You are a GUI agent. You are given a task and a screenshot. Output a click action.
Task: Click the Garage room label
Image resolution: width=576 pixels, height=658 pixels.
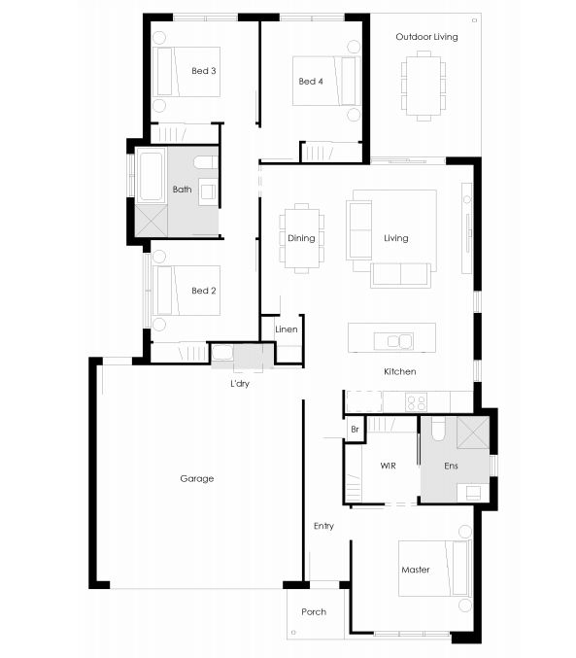(197, 478)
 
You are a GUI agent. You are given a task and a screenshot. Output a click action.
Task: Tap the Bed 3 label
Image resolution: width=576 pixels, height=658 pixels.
(203, 71)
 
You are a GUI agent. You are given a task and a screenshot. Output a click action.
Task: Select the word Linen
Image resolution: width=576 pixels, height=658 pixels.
(287, 329)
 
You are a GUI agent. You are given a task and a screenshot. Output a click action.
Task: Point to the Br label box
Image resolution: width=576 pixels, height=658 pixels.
(355, 429)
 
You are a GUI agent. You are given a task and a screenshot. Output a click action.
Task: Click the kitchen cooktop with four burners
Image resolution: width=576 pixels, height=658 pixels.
(416, 402)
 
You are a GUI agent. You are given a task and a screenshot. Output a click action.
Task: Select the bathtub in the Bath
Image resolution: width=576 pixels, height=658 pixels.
(151, 176)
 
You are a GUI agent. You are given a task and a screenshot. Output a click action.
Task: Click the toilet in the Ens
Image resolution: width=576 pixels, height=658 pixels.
(438, 429)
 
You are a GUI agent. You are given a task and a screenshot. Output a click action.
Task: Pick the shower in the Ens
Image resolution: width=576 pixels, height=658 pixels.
(473, 433)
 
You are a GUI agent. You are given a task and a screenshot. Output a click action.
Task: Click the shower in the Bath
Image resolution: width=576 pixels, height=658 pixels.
(151, 221)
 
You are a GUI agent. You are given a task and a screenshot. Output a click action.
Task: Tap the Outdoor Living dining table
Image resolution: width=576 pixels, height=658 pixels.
(424, 86)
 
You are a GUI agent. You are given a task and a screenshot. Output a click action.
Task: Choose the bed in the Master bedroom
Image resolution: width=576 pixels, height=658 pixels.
(434, 569)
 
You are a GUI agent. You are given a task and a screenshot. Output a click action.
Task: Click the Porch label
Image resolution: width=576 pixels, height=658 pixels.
(314, 612)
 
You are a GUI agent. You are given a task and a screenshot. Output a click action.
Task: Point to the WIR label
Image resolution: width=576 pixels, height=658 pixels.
(388, 466)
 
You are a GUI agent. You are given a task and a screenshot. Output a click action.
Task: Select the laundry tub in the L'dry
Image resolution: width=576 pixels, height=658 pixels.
(222, 353)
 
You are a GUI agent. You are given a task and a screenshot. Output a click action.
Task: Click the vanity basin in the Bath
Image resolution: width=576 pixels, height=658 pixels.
(208, 191)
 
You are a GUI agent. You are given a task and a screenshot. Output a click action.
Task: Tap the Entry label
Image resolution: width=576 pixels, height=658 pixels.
(323, 526)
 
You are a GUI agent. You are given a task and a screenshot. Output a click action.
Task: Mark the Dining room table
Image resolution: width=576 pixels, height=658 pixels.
(301, 238)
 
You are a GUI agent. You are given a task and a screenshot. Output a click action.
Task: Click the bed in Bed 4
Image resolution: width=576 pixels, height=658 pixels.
(326, 81)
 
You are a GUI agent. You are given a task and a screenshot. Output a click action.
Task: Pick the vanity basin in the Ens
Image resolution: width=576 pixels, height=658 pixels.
(473, 492)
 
